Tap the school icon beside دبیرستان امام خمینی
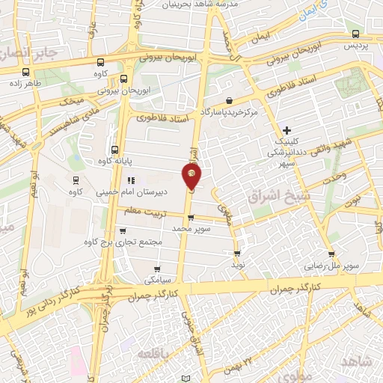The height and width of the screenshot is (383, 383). [x=132, y=180]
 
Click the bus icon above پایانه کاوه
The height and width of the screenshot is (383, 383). [x=114, y=149]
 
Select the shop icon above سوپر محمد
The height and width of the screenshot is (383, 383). [x=191, y=218]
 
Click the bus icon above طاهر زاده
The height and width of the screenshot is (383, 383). [x=27, y=73]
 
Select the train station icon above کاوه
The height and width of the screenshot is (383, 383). [x=75, y=180]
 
